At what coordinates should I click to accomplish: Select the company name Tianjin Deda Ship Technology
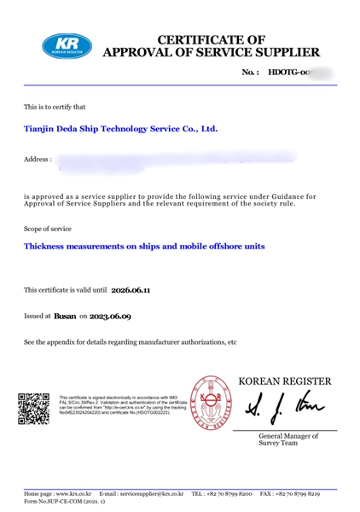tap(120, 130)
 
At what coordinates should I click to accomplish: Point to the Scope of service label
tap(48, 229)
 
